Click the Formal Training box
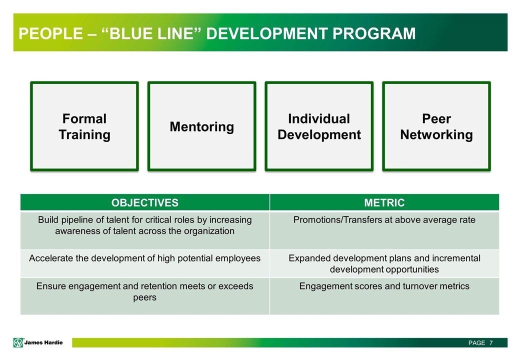84,126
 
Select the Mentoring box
201,126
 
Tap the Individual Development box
319,126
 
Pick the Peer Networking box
436,126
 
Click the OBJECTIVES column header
144,202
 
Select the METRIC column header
384,202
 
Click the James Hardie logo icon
18,342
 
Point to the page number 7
491,343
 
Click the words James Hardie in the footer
44,342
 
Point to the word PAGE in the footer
476,343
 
